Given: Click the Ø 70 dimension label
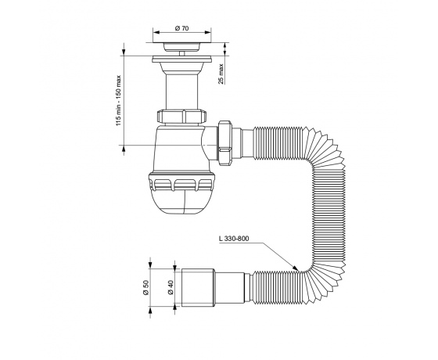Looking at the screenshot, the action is pyautogui.click(x=181, y=28).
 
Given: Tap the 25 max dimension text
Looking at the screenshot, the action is pyautogui.click(x=221, y=74).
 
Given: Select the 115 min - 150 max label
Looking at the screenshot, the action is pyautogui.click(x=119, y=100).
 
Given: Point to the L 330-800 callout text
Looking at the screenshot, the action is pyautogui.click(x=234, y=239).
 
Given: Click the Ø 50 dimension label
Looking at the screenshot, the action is pyautogui.click(x=146, y=287).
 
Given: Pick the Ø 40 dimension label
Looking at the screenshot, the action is pyautogui.click(x=171, y=287).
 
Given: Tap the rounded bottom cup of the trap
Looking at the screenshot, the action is pyautogui.click(x=182, y=202).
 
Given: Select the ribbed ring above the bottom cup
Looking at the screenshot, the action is pyautogui.click(x=181, y=182).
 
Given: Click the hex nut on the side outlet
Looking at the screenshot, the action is pyautogui.click(x=224, y=142).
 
